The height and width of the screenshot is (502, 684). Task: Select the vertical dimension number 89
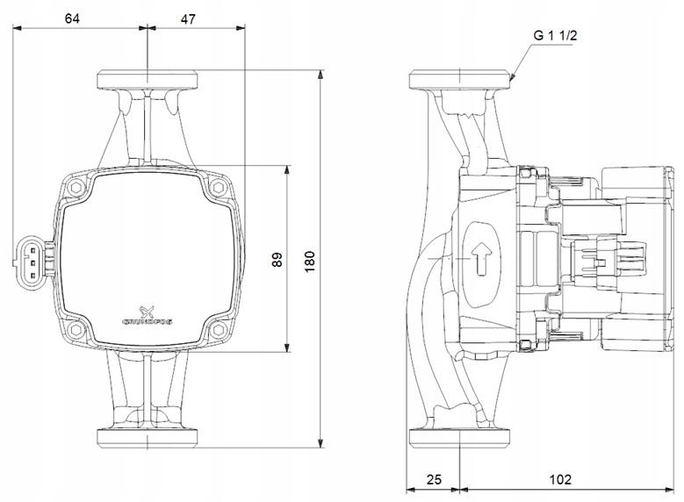277,260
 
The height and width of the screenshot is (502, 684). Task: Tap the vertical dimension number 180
310,260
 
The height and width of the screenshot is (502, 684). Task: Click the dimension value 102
559,479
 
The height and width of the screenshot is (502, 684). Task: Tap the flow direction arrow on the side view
480,260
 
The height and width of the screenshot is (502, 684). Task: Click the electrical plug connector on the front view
29,259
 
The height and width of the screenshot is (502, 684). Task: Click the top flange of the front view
147,77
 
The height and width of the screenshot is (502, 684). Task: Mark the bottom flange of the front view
147,438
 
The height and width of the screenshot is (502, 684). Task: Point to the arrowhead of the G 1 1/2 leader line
513,80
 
